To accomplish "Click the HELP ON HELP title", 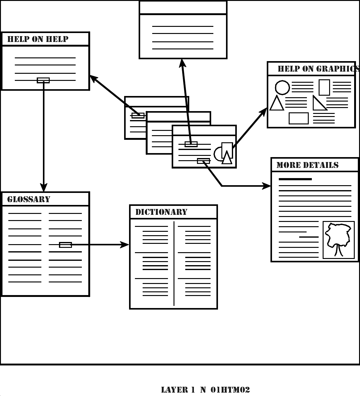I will tap(38, 39).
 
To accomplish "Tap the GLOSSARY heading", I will tap(29, 199).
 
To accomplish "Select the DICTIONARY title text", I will tap(161, 212).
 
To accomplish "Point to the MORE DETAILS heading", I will tap(307, 165).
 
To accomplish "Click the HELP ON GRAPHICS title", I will tap(318, 69).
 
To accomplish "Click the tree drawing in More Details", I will tap(339, 239).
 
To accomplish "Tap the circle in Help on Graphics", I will tap(282, 87).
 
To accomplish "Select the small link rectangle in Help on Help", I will tap(43, 80).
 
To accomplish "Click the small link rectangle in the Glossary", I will tap(65, 245).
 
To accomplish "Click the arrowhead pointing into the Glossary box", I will tap(44, 187).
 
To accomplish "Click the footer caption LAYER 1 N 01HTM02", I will tap(205, 390).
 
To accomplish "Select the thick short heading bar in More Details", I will tap(295, 179).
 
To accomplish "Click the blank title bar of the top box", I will tap(183, 7).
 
